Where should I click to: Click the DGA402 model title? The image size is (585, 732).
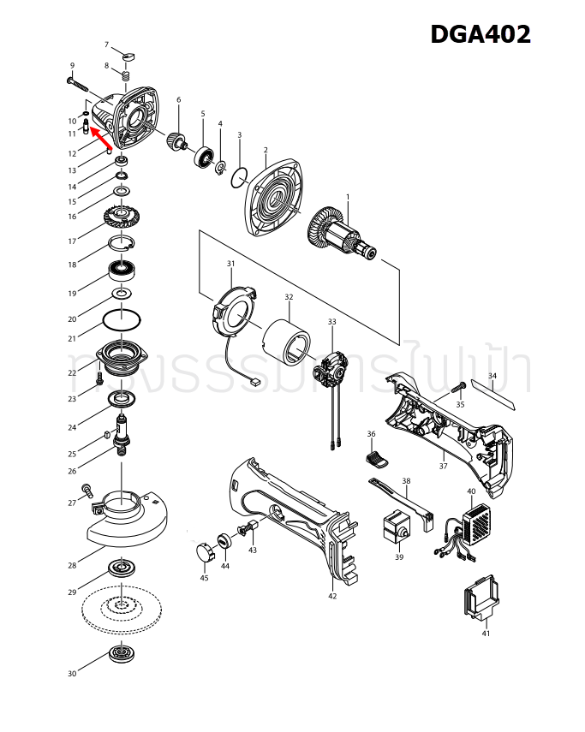click(480, 34)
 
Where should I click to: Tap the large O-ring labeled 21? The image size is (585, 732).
click(122, 320)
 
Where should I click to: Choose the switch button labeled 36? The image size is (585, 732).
click(378, 461)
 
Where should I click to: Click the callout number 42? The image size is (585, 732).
click(332, 596)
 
